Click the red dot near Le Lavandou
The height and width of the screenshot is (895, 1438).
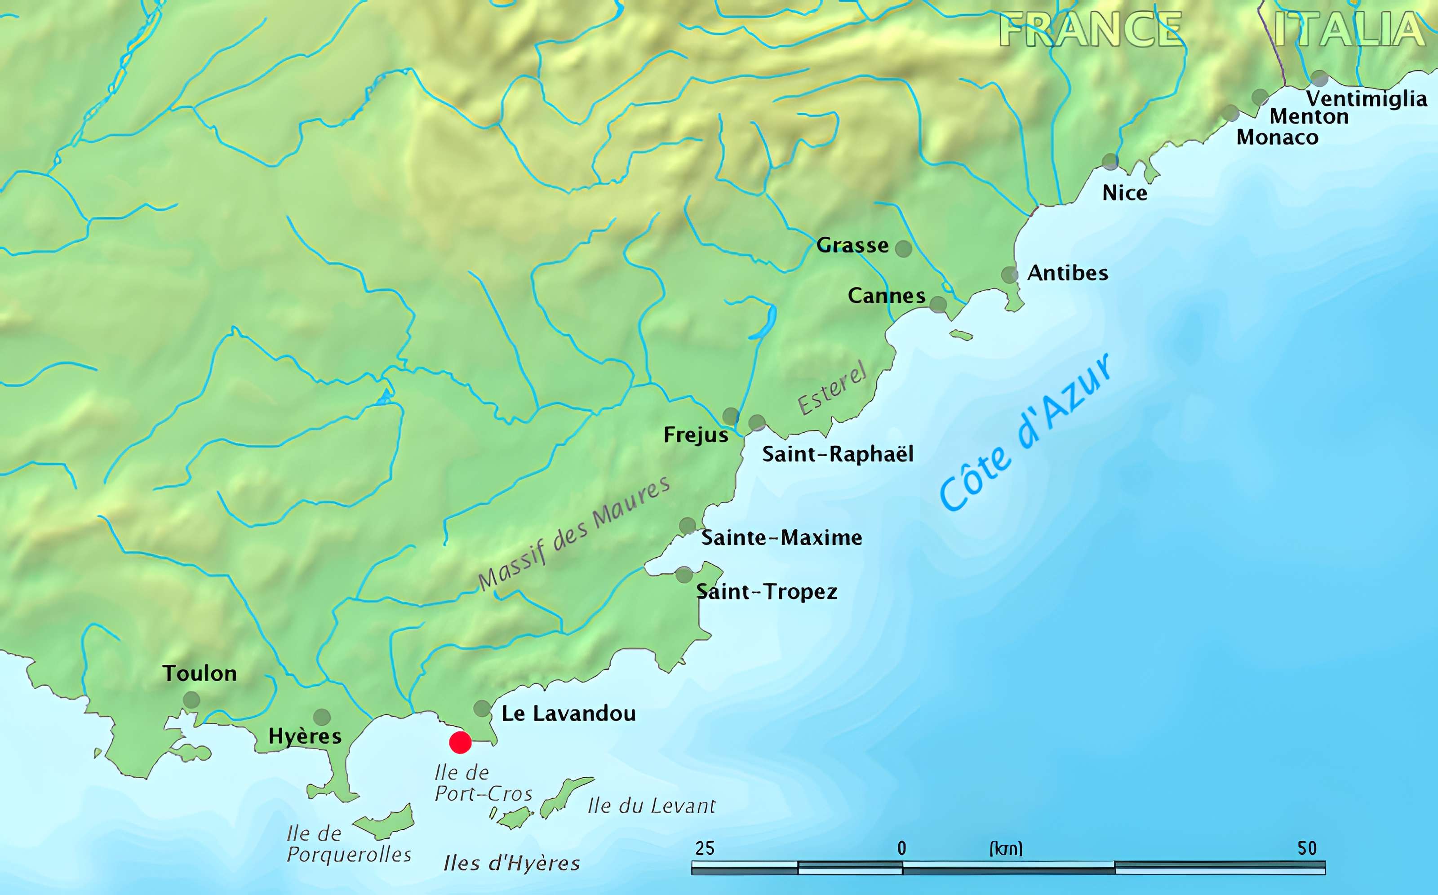[460, 742]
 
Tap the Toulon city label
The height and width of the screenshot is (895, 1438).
[200, 673]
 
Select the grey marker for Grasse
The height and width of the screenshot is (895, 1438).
[903, 248]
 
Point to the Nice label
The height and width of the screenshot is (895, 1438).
[1124, 193]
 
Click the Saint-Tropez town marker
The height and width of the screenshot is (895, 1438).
[684, 574]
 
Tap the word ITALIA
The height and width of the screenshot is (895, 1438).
[1349, 30]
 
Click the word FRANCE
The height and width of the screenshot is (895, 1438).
[1091, 30]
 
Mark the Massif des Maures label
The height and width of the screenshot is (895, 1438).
[574, 533]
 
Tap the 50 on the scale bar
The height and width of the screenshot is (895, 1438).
[1307, 849]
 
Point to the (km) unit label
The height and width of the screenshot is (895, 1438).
[1006, 849]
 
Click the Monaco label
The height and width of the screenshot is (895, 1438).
[1277, 137]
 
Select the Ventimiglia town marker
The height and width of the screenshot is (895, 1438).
[1318, 78]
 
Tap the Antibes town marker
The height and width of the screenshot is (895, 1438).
[1009, 275]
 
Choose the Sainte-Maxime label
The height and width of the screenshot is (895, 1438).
[781, 537]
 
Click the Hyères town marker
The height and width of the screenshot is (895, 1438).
[321, 717]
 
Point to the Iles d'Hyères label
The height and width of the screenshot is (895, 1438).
[511, 864]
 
